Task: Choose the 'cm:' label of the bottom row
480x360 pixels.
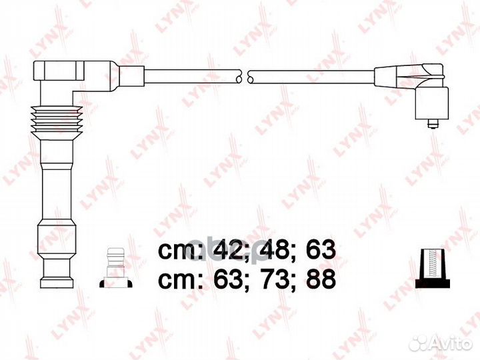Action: point(181,281)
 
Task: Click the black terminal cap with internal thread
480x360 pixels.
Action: point(432,269)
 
